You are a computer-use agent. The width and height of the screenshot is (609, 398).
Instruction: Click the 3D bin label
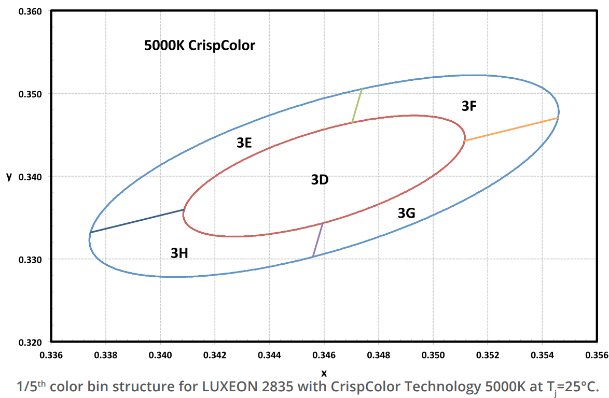pyautogui.click(x=320, y=180)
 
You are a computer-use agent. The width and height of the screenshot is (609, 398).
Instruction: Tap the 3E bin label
pyautogui.click(x=244, y=144)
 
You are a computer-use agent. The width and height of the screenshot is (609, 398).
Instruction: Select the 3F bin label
pyautogui.click(x=469, y=106)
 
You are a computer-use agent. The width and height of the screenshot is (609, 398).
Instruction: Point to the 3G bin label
pyautogui.click(x=406, y=212)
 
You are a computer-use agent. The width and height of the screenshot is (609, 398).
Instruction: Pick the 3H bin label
pyautogui.click(x=179, y=253)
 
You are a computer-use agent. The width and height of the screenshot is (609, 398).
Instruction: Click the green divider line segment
pyautogui.click(x=356, y=106)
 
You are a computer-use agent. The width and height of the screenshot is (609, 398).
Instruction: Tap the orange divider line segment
pyautogui.click(x=511, y=130)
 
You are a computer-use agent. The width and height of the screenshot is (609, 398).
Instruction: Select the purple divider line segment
pyautogui.click(x=318, y=239)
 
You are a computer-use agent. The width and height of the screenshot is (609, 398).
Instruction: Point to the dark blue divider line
pyautogui.click(x=137, y=221)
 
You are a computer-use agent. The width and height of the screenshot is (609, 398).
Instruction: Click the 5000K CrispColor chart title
pyautogui.click(x=200, y=46)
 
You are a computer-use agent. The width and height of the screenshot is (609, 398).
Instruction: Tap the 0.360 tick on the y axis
pyautogui.click(x=31, y=11)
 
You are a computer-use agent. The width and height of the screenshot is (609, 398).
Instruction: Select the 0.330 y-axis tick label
pyautogui.click(x=31, y=259)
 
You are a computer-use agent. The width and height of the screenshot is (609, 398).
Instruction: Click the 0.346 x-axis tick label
pyautogui.click(x=324, y=356)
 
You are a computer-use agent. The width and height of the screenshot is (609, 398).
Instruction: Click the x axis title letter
pyautogui.click(x=324, y=373)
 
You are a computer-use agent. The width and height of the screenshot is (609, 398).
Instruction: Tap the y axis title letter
pyautogui.click(x=9, y=176)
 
